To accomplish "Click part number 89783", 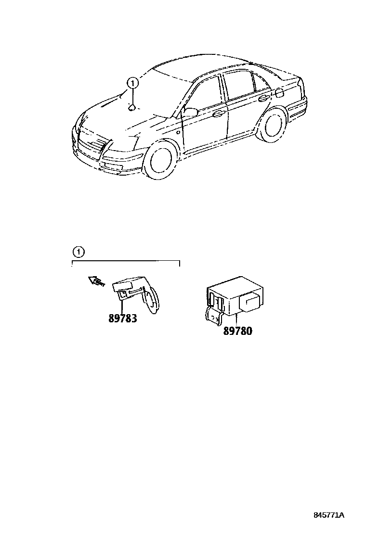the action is [x=122, y=318].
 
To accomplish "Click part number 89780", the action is [x=237, y=331].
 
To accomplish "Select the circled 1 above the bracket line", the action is [x=78, y=251].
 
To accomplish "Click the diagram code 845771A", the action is [x=329, y=515].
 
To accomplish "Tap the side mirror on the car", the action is [x=190, y=113].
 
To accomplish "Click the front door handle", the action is [x=218, y=115].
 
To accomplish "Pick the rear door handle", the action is [x=263, y=99].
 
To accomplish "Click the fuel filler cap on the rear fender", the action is [x=280, y=92].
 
